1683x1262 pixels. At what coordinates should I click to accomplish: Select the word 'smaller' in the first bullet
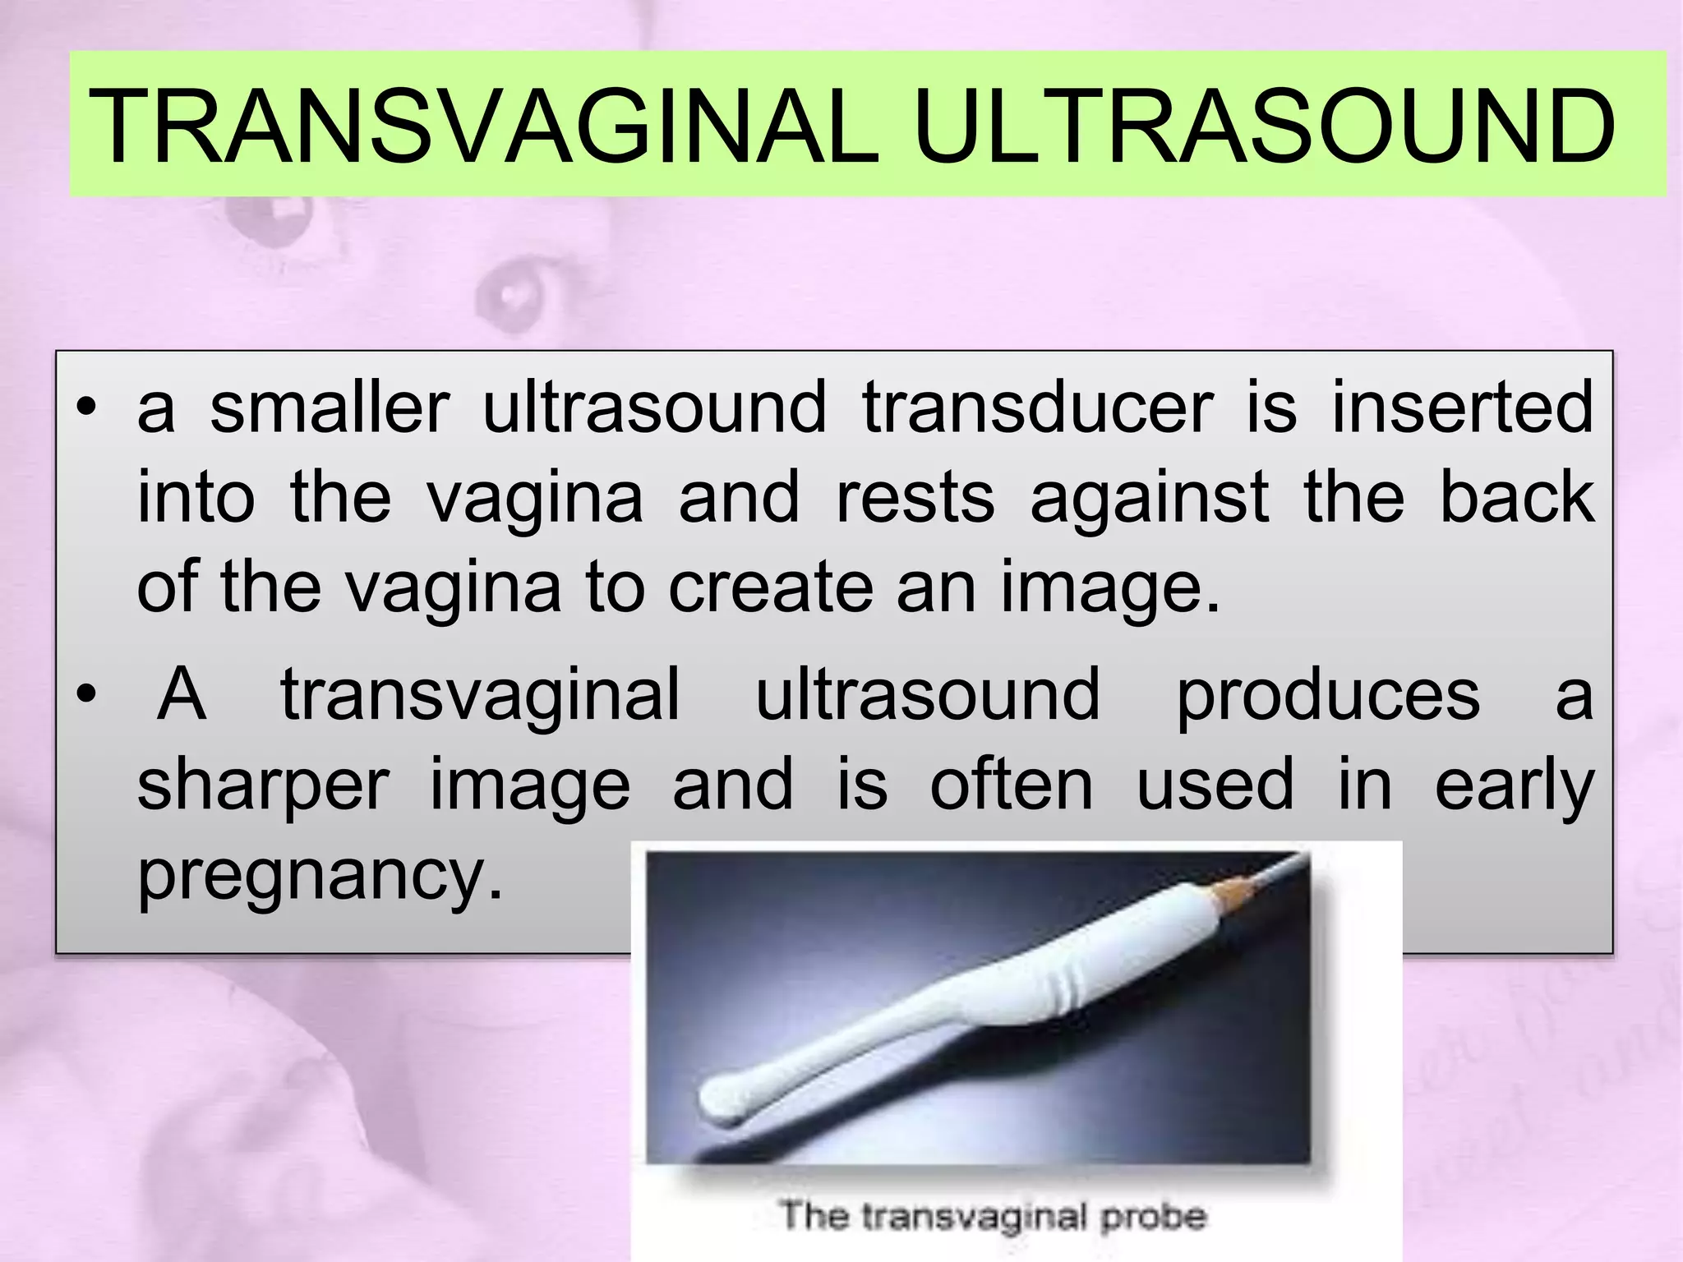(330, 408)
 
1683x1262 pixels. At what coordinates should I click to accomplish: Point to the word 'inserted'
(1462, 408)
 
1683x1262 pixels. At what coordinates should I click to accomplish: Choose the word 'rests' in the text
(915, 498)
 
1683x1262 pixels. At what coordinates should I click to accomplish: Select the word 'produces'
(1327, 695)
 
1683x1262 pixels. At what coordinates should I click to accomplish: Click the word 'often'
(1012, 785)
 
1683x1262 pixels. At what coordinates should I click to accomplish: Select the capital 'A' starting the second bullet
(182, 695)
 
